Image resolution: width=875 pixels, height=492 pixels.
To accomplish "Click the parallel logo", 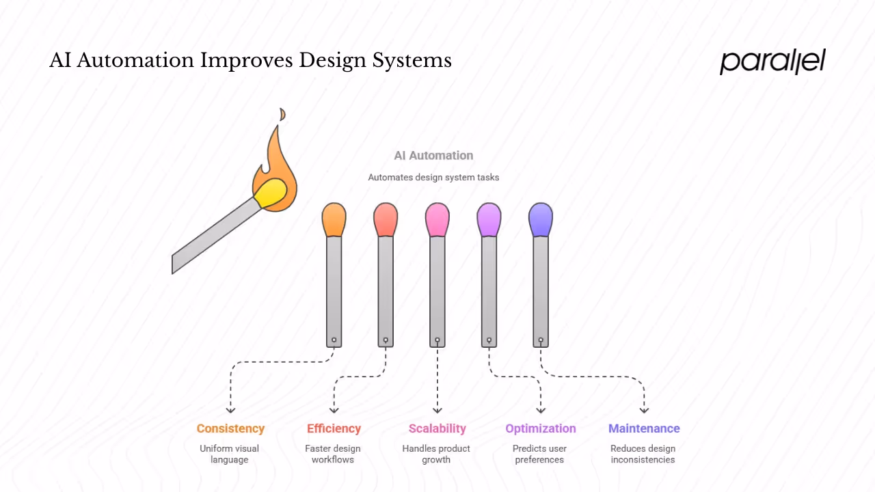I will coord(772,61).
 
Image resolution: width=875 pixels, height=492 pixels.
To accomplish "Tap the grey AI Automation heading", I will coord(433,156).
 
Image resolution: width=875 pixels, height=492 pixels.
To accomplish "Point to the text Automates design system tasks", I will coord(433,178).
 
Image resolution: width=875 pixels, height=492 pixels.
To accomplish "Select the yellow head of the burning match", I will coord(270,193).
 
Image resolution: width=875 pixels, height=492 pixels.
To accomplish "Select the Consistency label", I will coord(230,429).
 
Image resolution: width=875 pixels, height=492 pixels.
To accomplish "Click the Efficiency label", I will coord(334,429).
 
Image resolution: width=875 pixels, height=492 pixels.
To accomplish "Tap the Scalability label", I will coord(437,429).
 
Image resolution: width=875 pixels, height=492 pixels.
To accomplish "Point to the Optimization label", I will coord(541,429).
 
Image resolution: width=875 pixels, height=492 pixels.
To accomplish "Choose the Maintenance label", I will coord(644,429).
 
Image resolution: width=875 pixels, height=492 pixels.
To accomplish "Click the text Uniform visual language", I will coord(230,454).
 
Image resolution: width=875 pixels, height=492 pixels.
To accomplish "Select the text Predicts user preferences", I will coord(539,454).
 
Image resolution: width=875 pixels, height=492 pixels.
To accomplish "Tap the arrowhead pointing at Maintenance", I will coord(644,410).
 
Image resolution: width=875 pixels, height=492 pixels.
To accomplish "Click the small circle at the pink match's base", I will coord(437,340).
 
